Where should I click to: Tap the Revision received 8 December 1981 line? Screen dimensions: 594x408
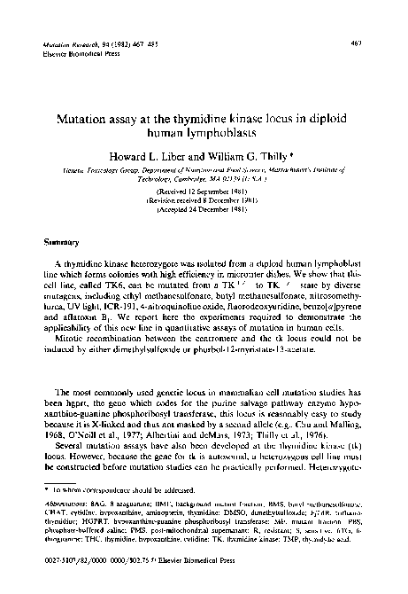point(204,199)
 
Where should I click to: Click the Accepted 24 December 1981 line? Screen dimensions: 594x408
point(204,210)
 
